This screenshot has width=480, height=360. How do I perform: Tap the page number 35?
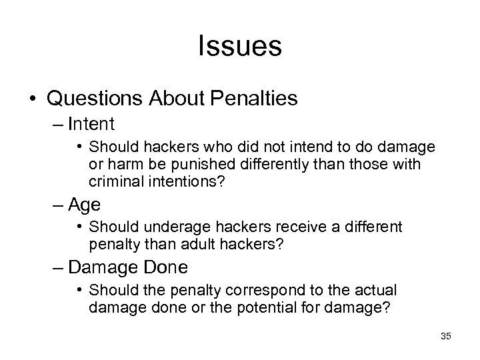click(x=446, y=337)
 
